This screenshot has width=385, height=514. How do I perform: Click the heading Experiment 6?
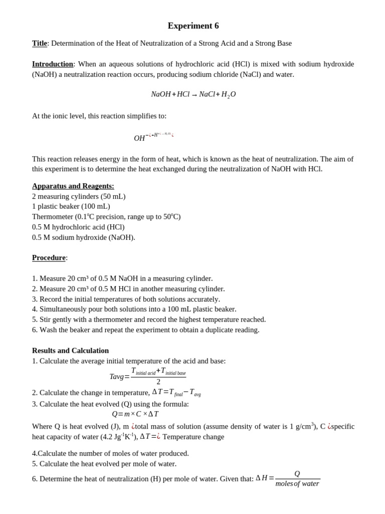193,26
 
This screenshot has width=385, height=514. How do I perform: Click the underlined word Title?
40,43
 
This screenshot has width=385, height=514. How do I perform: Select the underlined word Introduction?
53,64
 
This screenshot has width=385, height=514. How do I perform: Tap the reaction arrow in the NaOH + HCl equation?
195,95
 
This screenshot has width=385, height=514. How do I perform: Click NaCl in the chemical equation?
207,94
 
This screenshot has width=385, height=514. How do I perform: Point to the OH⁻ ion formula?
140,138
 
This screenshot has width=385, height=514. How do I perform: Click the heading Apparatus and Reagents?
73,186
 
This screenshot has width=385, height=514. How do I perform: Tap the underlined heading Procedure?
49,258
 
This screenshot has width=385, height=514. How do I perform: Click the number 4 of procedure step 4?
34,309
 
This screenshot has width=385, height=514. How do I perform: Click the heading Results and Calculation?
70,350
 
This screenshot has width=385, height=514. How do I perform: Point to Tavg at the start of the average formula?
116,377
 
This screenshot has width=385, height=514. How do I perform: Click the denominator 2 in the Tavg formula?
158,382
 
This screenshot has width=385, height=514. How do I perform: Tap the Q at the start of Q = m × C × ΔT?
114,414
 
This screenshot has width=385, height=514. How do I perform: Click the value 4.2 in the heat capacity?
106,437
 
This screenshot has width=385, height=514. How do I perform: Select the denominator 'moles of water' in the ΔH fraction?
297,484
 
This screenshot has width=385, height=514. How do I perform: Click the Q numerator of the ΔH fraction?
297,474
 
